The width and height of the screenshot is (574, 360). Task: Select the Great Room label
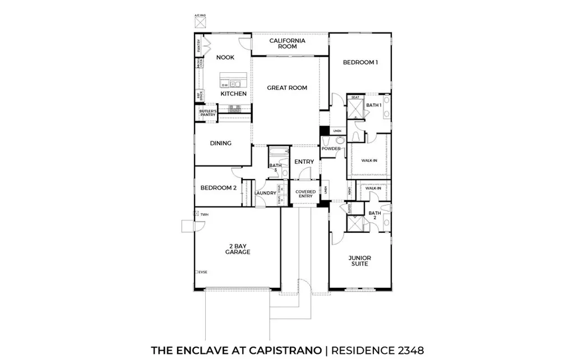(x=287, y=88)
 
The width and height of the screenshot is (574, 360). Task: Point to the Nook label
(x=225, y=58)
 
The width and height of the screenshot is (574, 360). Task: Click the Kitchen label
(x=233, y=94)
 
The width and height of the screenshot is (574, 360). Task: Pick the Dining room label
(x=221, y=144)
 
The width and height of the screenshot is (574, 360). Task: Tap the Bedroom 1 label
(x=360, y=63)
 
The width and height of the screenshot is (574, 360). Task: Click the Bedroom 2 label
(x=218, y=188)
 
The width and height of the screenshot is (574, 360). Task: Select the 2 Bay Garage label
(x=238, y=249)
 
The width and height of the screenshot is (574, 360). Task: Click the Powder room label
(x=331, y=149)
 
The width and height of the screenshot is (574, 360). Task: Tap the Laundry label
(x=265, y=193)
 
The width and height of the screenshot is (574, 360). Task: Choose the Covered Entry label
(x=305, y=194)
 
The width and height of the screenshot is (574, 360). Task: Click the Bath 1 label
(x=374, y=105)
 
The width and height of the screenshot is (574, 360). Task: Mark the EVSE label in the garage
(x=202, y=272)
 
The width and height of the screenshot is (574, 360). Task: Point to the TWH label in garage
(x=204, y=215)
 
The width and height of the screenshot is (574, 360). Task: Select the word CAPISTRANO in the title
(x=283, y=350)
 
